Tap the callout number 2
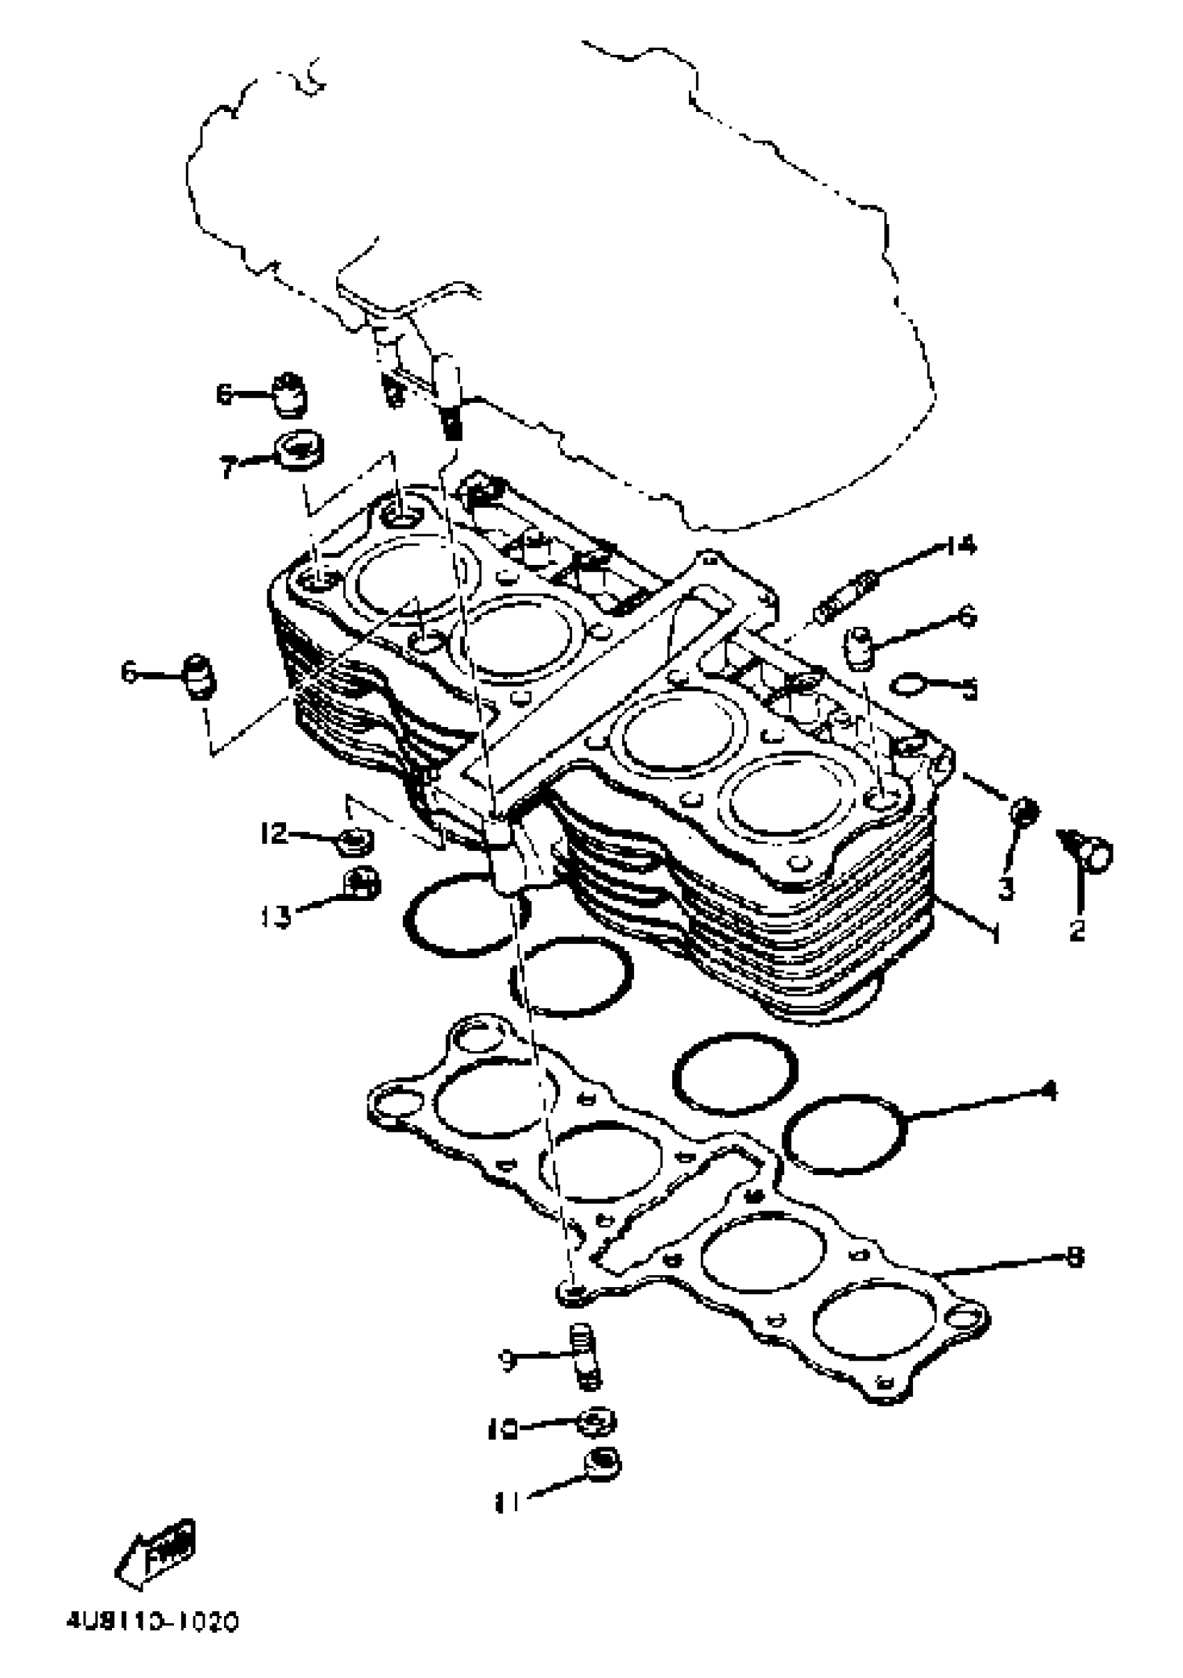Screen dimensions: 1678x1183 coord(1077,930)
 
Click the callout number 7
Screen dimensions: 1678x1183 coord(229,466)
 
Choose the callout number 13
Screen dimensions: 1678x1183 coord(277,915)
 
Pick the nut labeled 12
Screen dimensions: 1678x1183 coord(356,842)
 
